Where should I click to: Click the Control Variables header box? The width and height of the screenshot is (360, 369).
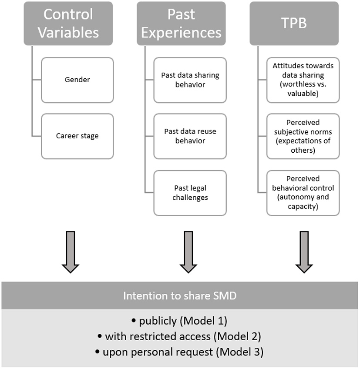[x=68, y=23]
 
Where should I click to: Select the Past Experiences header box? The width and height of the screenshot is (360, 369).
[x=181, y=23]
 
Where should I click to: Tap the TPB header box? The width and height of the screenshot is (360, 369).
[x=294, y=23]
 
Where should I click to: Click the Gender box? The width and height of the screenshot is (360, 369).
[x=77, y=80]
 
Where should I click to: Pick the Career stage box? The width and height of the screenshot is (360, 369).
[x=77, y=136]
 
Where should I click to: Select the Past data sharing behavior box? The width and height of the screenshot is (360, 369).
[x=190, y=80]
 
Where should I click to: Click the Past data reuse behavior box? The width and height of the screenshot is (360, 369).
[x=190, y=136]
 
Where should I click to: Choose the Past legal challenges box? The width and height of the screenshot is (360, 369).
[x=190, y=193]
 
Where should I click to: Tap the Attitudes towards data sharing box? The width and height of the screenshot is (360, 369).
[x=303, y=80]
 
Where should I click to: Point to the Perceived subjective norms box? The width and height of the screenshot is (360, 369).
[x=303, y=136]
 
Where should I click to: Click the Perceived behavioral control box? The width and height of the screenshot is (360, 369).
[x=303, y=193]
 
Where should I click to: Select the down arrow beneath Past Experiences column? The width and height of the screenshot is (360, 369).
[x=188, y=252]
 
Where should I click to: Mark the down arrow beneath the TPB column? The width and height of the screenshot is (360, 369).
[x=304, y=252]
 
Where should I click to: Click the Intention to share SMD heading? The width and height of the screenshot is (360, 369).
[x=180, y=296]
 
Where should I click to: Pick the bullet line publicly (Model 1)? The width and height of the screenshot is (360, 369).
[x=180, y=321]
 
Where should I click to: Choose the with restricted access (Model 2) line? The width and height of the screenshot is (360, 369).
[x=180, y=336]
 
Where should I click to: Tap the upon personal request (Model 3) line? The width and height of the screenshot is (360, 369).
[x=180, y=352]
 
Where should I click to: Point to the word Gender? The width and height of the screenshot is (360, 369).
[x=77, y=80]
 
